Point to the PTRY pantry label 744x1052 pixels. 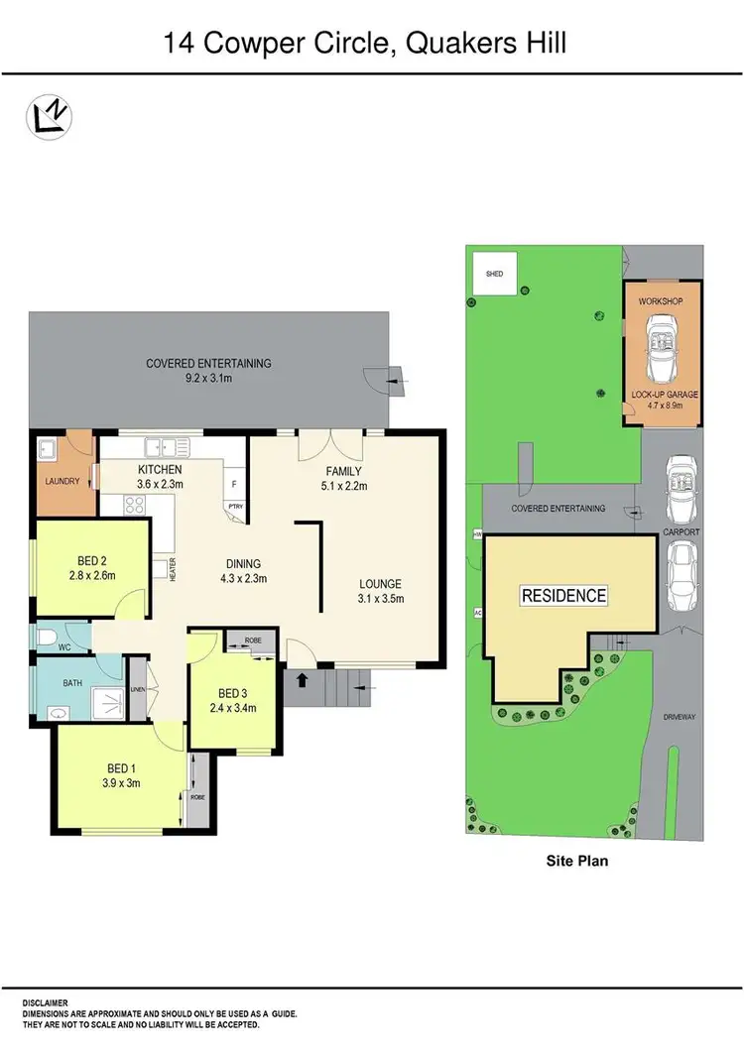[235, 506]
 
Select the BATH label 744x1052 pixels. [72, 683]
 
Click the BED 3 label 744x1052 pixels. [234, 692]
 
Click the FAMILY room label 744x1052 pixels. [344, 471]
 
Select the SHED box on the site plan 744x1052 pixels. [493, 275]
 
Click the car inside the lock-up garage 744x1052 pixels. [661, 350]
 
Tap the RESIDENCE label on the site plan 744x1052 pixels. [564, 596]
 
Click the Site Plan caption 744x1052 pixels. [577, 861]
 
